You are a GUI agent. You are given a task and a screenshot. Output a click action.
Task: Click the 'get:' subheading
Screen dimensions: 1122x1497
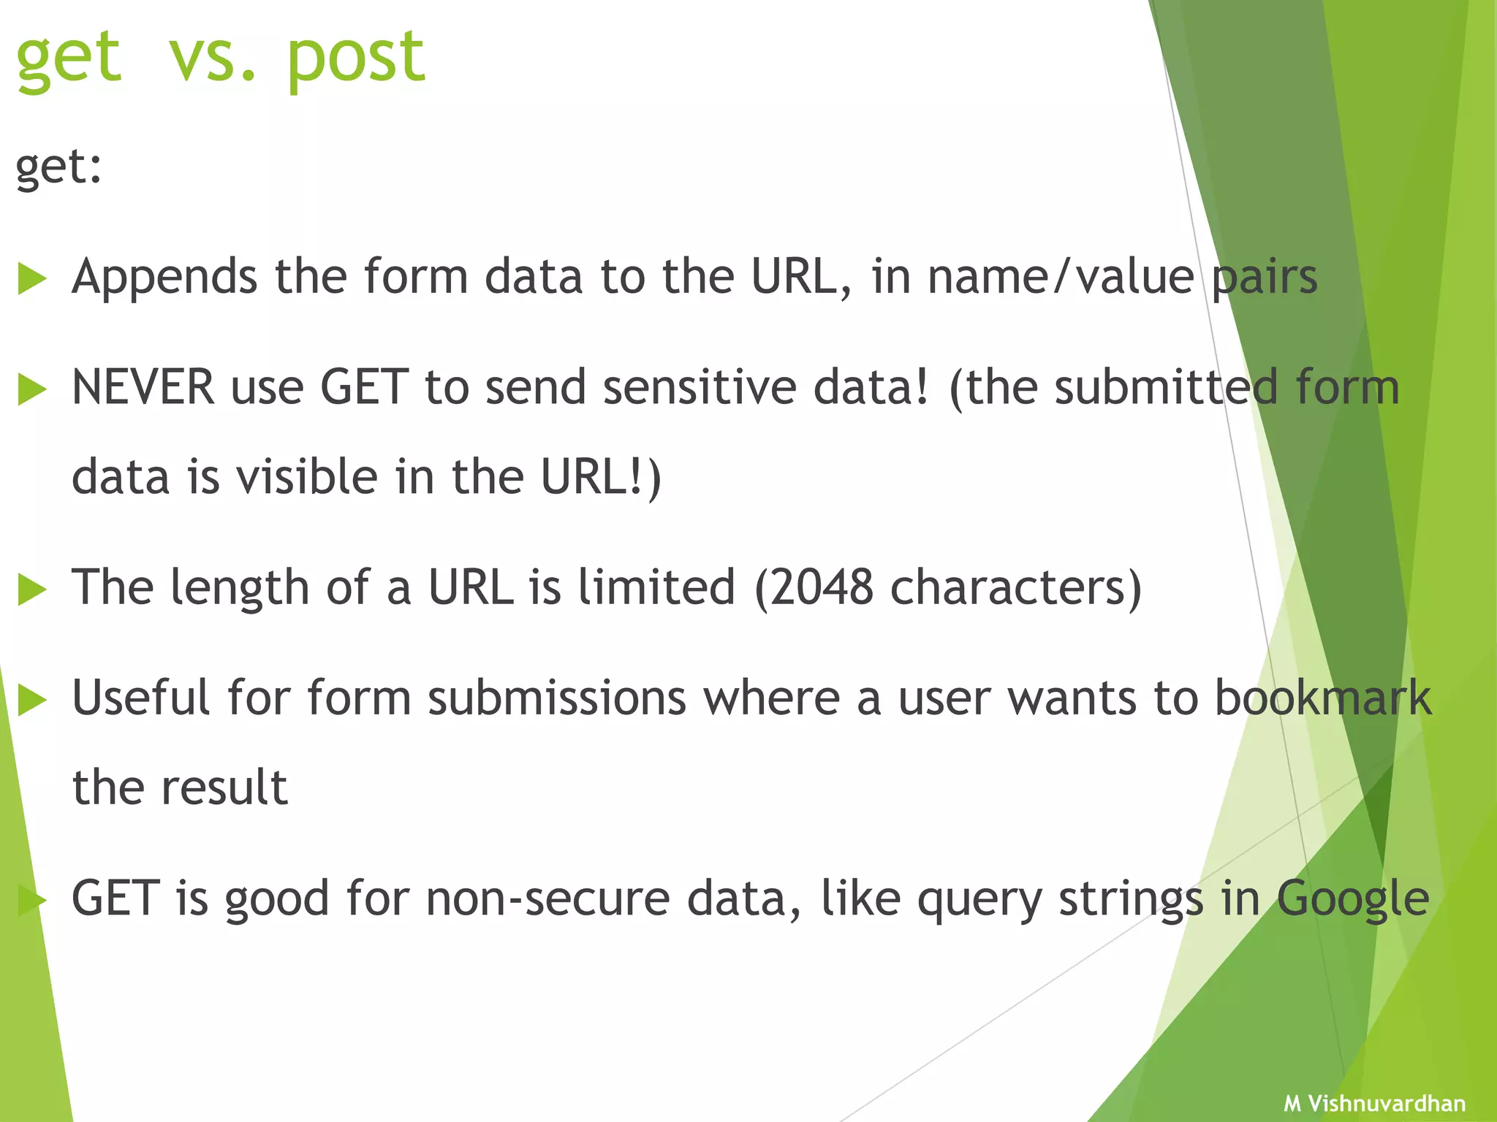[58, 168]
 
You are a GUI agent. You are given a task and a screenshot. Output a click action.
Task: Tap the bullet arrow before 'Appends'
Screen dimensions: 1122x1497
[31, 279]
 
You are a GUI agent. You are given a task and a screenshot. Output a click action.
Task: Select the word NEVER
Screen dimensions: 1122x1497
[143, 387]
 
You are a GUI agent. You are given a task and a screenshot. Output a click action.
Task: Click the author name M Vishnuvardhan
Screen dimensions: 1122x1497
[1374, 1103]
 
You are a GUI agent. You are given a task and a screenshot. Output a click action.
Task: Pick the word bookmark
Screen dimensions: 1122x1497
[1322, 698]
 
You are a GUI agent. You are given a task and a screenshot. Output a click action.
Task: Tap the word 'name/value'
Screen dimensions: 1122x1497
[1061, 278]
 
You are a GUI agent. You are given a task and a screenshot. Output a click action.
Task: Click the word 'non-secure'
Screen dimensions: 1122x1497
[547, 898]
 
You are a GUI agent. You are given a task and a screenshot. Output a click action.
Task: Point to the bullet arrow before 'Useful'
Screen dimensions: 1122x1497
[31, 700]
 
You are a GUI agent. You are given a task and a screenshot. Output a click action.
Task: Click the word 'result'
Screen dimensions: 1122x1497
[224, 787]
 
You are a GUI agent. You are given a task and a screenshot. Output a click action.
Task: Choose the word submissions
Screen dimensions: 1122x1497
[557, 698]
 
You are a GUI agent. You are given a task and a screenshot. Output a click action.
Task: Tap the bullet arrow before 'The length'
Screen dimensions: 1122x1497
[31, 589]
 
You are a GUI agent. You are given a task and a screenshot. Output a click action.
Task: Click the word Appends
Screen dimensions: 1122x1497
[164, 278]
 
